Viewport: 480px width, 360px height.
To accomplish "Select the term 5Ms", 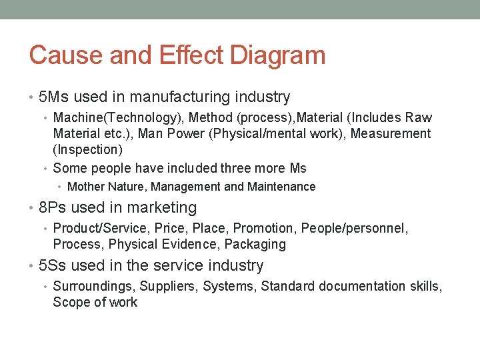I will (x=54, y=97).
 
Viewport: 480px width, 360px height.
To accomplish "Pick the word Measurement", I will (x=391, y=133).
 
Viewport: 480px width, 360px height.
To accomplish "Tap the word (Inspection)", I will (x=88, y=149).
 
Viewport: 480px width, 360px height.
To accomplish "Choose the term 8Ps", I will (x=53, y=208).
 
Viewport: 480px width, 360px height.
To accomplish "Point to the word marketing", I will (x=164, y=208).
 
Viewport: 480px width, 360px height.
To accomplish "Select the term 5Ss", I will (x=53, y=265).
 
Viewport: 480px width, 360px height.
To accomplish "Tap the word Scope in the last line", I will (x=71, y=302).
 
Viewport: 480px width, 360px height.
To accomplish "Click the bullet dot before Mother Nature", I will (x=61, y=187).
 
